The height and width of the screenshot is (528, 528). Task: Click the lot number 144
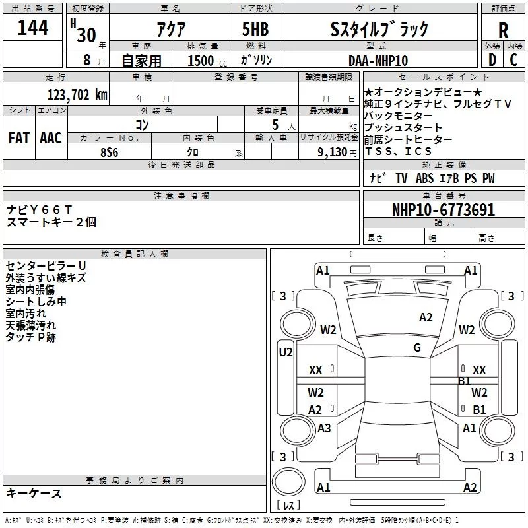[x=32, y=28]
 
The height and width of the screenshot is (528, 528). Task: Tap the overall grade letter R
[x=503, y=30]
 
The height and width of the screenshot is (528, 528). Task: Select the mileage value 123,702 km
[x=77, y=94]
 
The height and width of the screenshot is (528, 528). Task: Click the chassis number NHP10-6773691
[x=444, y=210]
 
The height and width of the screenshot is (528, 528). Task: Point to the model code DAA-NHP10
[x=378, y=61]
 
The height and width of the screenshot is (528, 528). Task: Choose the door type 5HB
[x=255, y=29]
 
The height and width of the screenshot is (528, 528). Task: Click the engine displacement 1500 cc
[x=207, y=61]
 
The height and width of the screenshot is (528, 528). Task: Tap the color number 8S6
[x=110, y=152]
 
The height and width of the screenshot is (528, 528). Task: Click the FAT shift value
[x=19, y=138]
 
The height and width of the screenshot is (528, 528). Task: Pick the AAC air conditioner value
[x=51, y=138]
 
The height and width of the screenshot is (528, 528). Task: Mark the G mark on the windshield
[x=417, y=347]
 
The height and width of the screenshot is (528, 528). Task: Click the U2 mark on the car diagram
[x=286, y=352]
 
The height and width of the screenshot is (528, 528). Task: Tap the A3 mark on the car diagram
[x=324, y=428]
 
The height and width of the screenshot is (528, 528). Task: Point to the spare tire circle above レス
[x=288, y=481]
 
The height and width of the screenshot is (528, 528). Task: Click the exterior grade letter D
[x=492, y=60]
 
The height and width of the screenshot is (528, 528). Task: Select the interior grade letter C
[x=513, y=60]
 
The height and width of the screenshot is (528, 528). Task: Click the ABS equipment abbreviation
[x=424, y=178]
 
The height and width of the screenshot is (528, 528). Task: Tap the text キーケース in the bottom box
[x=34, y=493]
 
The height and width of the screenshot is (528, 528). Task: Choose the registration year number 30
[x=86, y=35]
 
